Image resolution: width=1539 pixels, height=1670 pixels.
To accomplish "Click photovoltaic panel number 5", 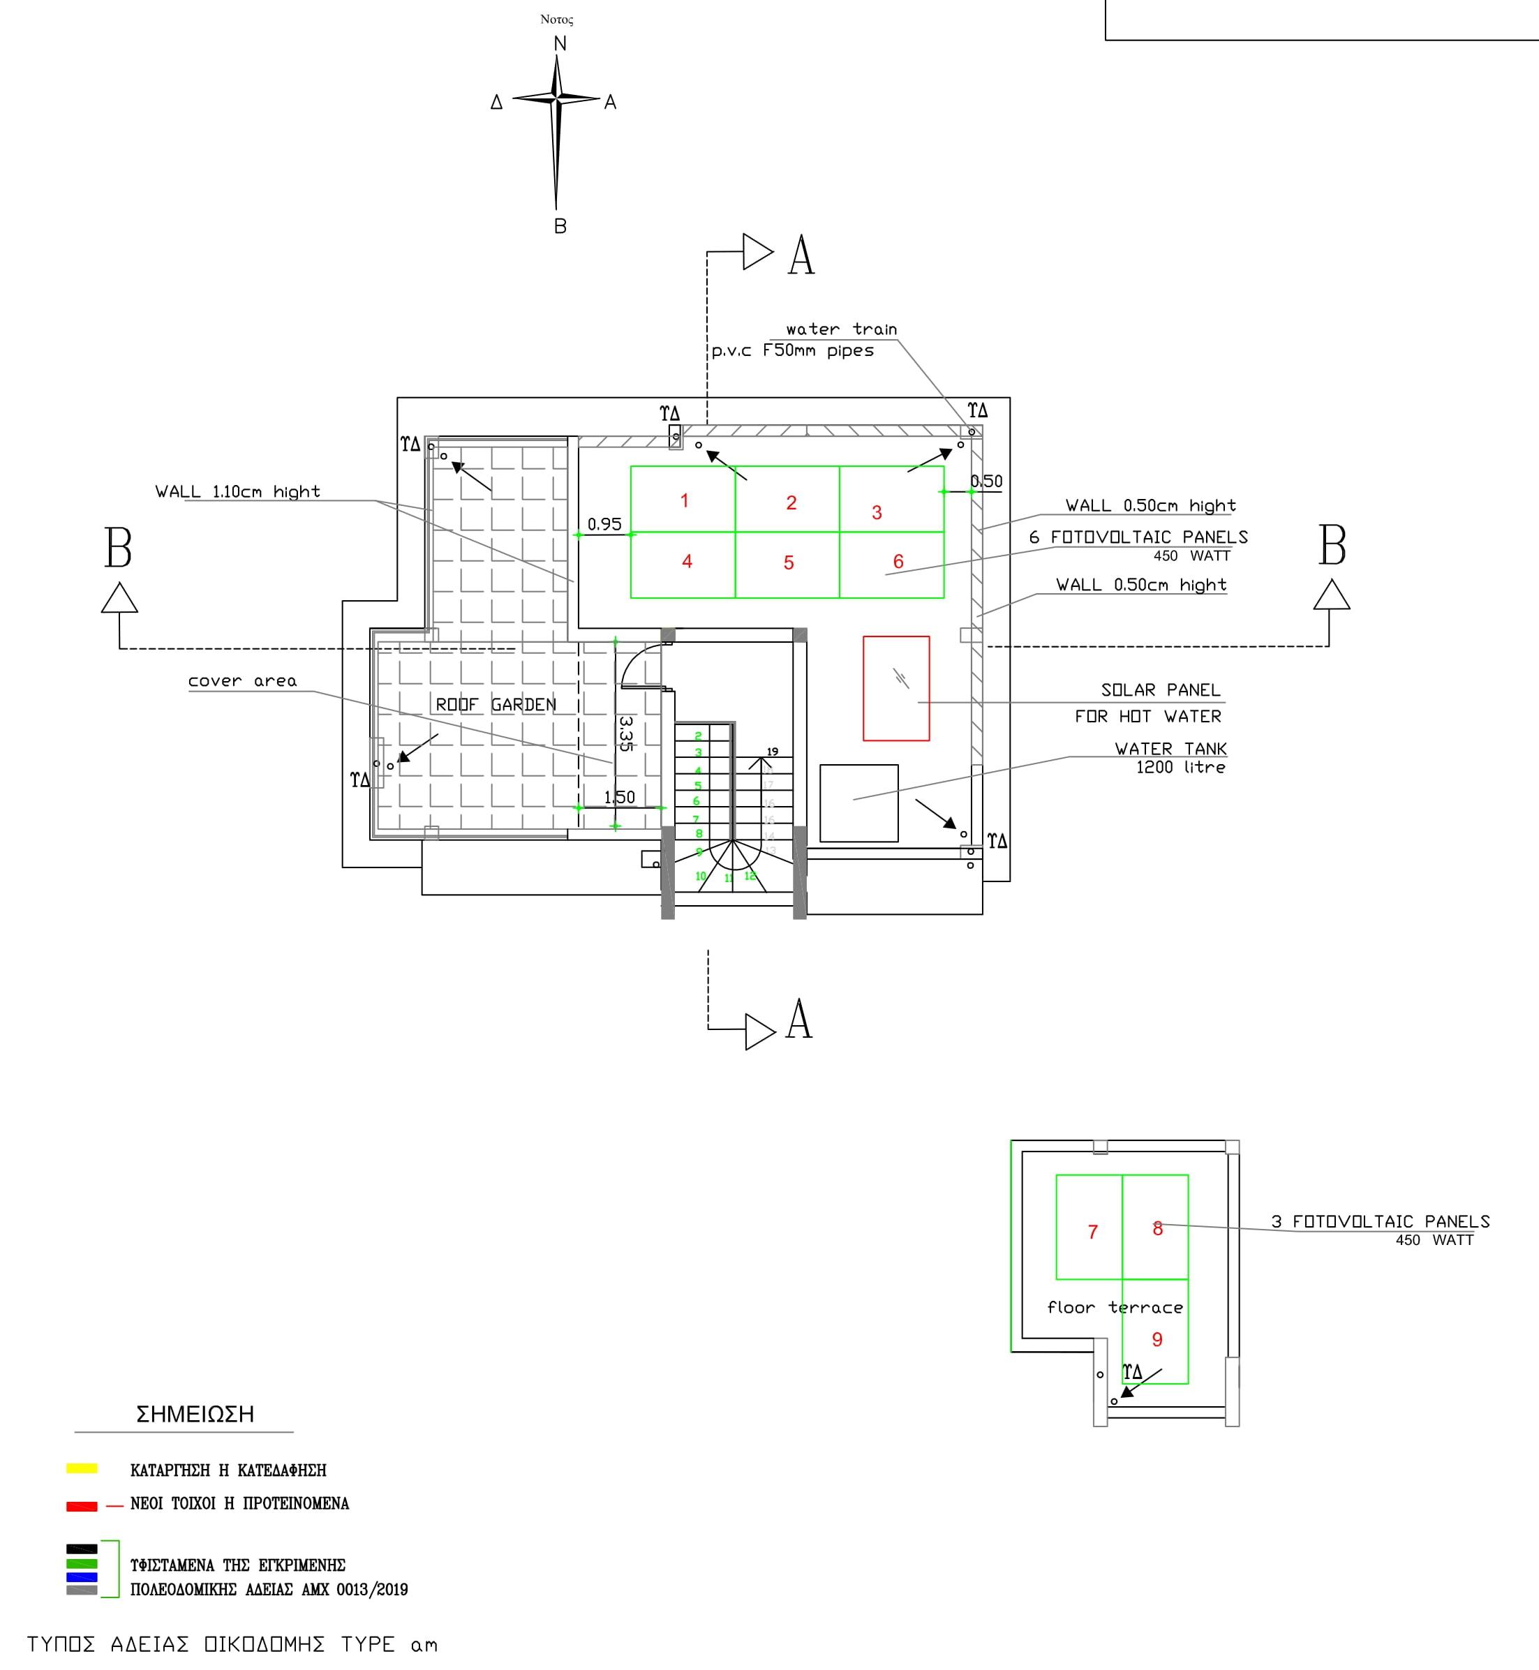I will click(x=788, y=565).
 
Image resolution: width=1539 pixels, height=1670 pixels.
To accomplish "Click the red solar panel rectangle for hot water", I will click(x=896, y=689).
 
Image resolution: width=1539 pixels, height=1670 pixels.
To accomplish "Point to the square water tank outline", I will click(x=858, y=803).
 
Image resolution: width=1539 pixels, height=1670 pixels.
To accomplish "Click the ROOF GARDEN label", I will click(x=496, y=704).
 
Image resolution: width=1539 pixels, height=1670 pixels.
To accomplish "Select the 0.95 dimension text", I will click(x=604, y=523).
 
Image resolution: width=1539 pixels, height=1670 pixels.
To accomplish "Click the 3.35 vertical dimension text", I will click(x=626, y=733).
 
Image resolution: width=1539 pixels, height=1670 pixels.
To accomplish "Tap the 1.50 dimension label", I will click(x=619, y=797).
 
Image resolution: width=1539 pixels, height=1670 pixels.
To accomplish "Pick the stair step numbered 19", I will click(x=772, y=752).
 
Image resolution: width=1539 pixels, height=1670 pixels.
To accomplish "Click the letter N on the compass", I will click(x=560, y=43).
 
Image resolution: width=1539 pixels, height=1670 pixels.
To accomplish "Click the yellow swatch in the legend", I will click(x=82, y=1468).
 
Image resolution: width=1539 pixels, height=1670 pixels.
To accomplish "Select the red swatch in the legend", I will click(x=82, y=1506).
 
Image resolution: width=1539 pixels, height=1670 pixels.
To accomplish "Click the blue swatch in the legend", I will click(x=82, y=1576).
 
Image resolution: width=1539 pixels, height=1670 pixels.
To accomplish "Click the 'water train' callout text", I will click(x=841, y=329).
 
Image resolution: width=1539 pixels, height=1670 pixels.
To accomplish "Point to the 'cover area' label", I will click(x=241, y=681).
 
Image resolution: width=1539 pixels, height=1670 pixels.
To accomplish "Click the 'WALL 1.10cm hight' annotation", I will click(x=237, y=491).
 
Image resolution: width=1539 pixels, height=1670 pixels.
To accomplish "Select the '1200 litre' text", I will click(x=1180, y=767).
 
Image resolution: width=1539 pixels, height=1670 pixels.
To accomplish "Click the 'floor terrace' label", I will click(x=1114, y=1307).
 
